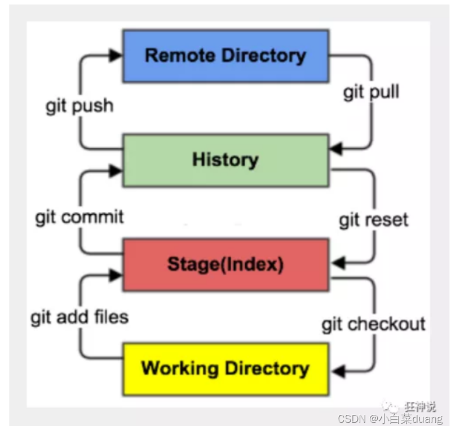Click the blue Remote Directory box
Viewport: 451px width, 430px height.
click(225, 56)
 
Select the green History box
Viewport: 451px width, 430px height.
click(225, 160)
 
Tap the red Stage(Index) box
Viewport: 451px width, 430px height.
click(225, 264)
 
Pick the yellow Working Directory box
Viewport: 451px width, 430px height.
click(225, 369)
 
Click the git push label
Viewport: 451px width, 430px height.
click(79, 105)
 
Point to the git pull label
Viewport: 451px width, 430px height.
click(371, 92)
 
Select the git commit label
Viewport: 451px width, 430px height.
click(79, 217)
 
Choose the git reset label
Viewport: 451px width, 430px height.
click(373, 220)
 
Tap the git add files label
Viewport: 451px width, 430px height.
click(79, 317)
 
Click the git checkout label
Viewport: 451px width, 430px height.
click(373, 324)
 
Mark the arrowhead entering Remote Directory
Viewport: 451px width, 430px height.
click(116, 55)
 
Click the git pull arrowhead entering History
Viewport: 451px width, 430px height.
click(335, 150)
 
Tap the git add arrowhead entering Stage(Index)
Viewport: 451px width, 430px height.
click(116, 274)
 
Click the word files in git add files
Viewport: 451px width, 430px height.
click(110, 317)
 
